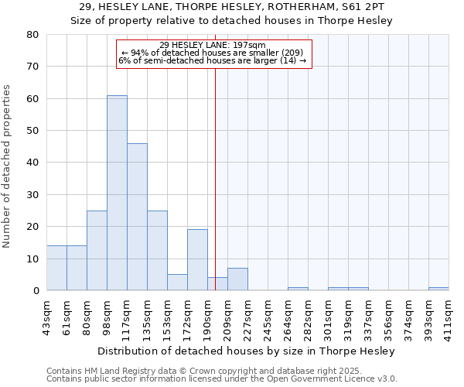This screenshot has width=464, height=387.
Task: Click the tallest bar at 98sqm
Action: [117, 193]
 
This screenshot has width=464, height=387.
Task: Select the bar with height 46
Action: [137, 217]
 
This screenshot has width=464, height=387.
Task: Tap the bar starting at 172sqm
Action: [197, 260]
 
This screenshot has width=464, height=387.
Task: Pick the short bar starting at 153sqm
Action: [177, 283]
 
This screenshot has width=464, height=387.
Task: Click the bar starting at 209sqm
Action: [237, 279]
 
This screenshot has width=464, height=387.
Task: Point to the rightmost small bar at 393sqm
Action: [438, 289]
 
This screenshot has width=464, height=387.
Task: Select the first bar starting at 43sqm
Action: [56, 268]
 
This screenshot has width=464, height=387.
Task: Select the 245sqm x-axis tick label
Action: [268, 316]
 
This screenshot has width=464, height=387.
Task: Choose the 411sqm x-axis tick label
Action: [449, 316]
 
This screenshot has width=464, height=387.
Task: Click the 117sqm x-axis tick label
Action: [127, 316]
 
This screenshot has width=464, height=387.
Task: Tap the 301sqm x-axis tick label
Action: [328, 316]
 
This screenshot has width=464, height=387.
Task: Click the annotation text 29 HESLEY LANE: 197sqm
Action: [213, 45]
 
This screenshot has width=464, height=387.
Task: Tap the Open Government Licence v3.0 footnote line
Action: [221, 379]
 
